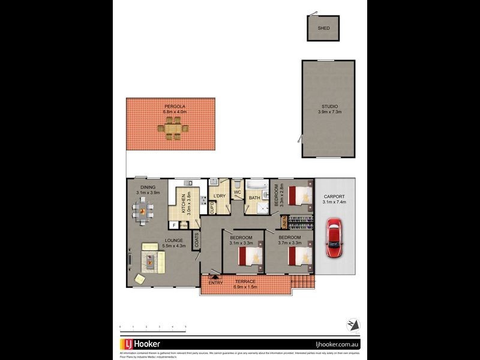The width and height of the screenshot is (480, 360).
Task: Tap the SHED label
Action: point(323,28)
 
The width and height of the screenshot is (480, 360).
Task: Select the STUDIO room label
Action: point(329,107)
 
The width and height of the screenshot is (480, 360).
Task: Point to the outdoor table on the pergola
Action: point(173,128)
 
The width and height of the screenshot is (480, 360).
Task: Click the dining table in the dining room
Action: point(143,211)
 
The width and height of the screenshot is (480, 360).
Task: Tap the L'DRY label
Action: point(220,196)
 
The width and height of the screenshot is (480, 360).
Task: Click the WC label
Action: point(237,192)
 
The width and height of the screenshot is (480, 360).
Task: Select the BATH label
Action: point(254,198)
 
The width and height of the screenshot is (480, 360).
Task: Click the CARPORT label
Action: point(335,196)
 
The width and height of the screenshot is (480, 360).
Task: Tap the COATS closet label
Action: point(196,240)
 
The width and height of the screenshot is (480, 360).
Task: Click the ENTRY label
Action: point(215,283)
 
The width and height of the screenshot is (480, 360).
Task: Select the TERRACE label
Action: point(245,281)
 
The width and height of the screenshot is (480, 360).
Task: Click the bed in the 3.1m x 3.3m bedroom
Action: point(251,257)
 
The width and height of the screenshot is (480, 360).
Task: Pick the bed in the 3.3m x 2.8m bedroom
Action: point(300,196)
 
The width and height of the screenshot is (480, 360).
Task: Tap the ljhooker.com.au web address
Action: point(337,345)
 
